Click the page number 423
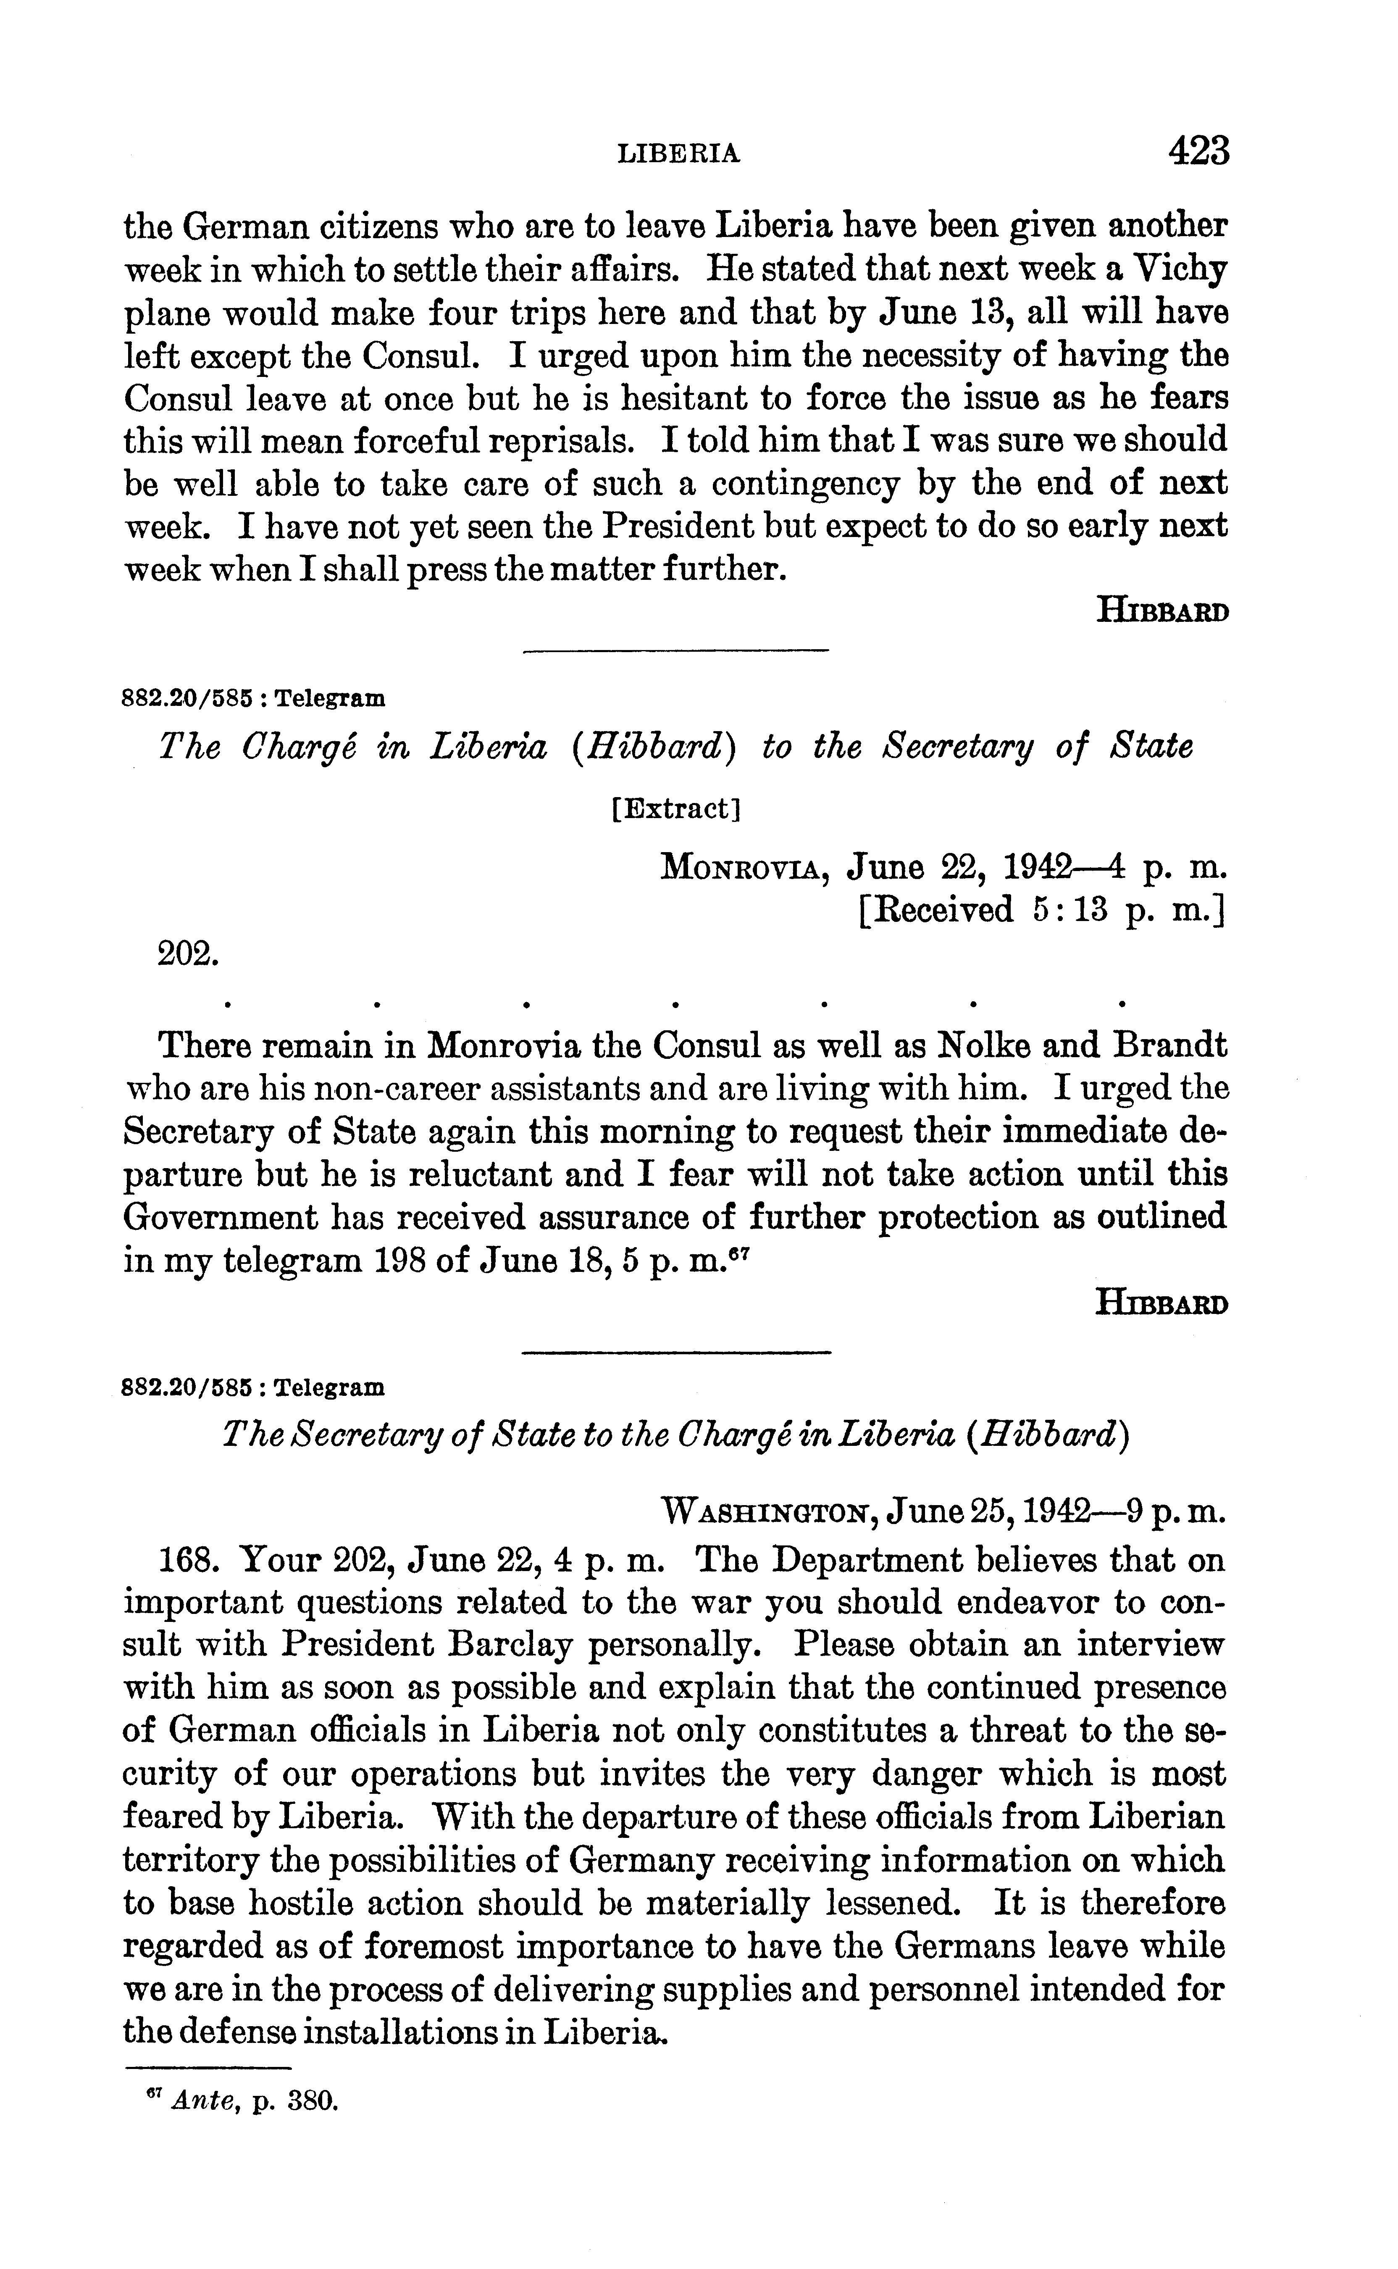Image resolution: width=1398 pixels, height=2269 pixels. point(1198,151)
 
